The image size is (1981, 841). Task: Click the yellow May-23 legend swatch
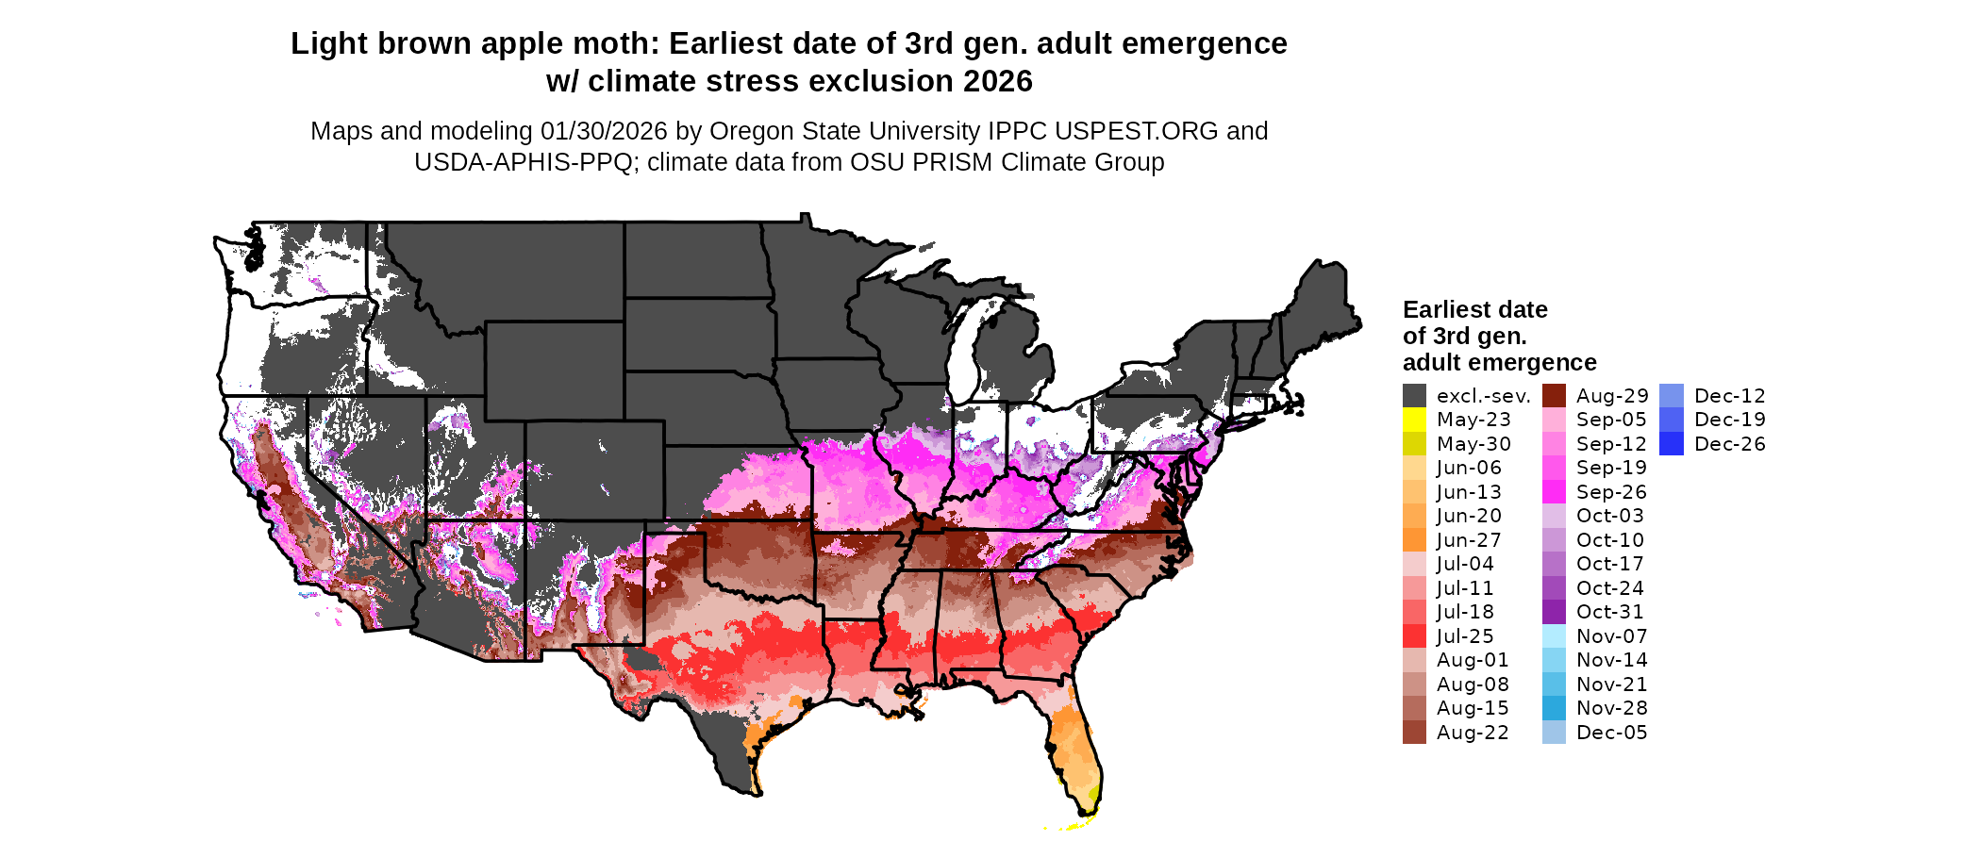(x=1414, y=420)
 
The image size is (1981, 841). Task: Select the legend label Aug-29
(x=1612, y=396)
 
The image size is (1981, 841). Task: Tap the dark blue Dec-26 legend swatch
(x=1671, y=444)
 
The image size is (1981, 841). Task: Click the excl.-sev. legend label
(x=1483, y=396)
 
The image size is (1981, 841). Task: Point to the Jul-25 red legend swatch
(x=1414, y=636)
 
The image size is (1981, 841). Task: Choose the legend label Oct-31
(x=1609, y=612)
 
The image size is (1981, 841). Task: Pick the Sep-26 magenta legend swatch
(x=1554, y=492)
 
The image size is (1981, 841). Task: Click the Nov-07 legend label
(x=1611, y=636)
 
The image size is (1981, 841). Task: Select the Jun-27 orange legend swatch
(x=1414, y=540)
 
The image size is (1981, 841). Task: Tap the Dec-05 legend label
(x=1611, y=733)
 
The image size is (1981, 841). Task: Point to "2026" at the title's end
(x=998, y=81)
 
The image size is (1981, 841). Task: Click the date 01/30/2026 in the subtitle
(x=604, y=131)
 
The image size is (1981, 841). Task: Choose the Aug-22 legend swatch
(x=1414, y=733)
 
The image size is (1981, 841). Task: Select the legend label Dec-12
(x=1729, y=396)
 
